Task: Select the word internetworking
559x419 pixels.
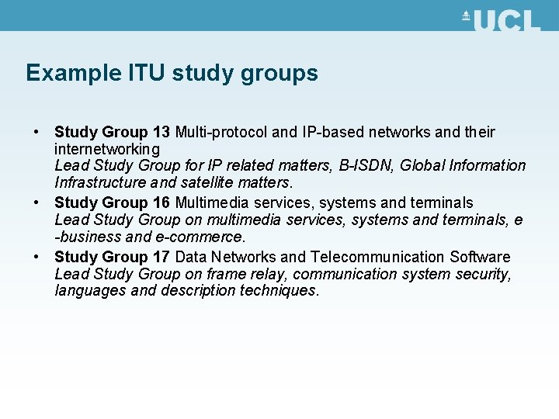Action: tap(107, 148)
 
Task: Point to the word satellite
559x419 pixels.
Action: tap(203, 183)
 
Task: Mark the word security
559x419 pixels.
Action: tap(482, 274)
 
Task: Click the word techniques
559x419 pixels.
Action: tap(278, 291)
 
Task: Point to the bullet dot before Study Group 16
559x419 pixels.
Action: tap(36, 203)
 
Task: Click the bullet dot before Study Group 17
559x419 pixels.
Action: tap(36, 257)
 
